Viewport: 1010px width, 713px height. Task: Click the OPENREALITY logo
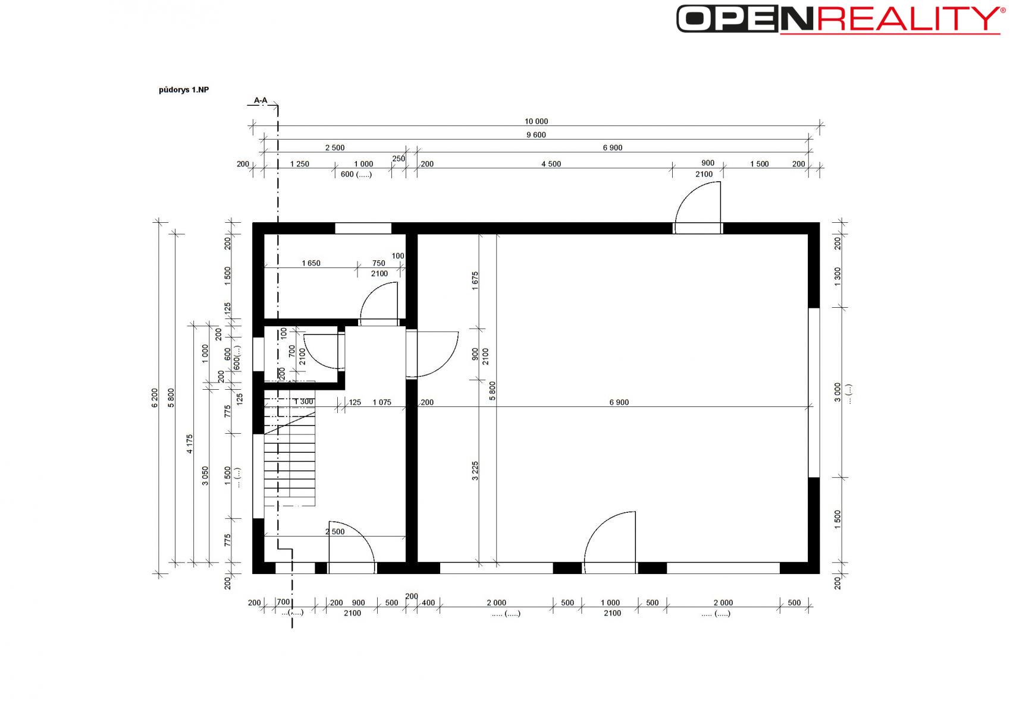coord(841,19)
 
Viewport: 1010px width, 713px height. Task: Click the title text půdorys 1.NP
coord(184,90)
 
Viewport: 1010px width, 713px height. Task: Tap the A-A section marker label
coord(261,100)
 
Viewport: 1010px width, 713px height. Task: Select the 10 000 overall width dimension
coord(536,121)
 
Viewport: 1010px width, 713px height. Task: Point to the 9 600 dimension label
coord(536,135)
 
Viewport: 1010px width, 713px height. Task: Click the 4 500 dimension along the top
coord(551,164)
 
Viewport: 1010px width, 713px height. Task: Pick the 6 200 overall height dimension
coord(155,398)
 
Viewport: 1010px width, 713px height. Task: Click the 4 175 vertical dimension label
coord(189,444)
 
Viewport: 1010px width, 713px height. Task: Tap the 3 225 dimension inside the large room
coord(475,471)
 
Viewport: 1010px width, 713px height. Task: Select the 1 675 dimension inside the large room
coord(475,280)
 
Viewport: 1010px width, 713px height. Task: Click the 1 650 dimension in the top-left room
coord(311,263)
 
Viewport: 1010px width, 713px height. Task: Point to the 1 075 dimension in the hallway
coord(382,402)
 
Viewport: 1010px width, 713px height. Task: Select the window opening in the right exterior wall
coord(814,392)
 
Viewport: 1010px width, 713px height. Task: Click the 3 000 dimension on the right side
coord(838,392)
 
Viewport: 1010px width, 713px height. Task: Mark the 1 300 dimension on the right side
coord(838,276)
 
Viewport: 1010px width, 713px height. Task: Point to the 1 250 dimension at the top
coord(299,164)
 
